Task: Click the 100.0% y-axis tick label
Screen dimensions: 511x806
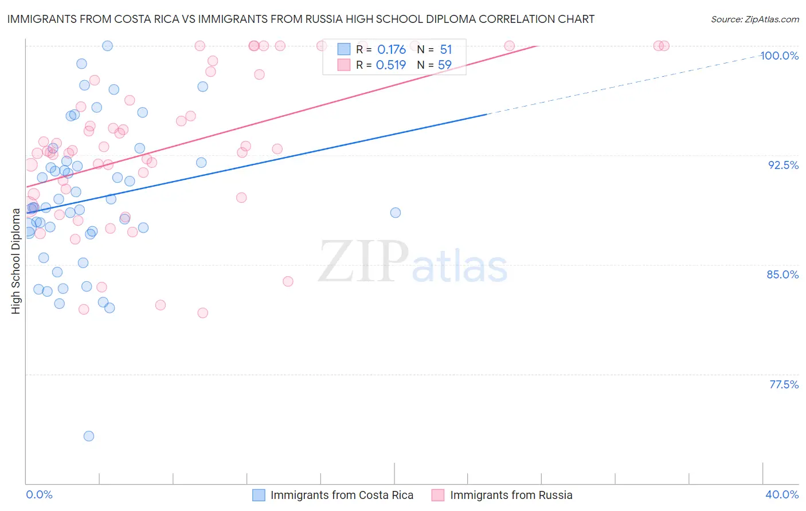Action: tap(779, 56)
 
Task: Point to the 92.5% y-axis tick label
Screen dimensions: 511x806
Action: tap(783, 165)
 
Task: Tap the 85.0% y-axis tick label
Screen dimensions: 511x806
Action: tap(782, 274)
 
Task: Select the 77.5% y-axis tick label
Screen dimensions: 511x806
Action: tap(784, 384)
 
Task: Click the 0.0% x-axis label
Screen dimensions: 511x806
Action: tap(39, 494)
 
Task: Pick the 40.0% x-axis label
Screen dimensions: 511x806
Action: tap(782, 494)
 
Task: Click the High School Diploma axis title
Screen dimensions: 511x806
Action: tap(16, 261)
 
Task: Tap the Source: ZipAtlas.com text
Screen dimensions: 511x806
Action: tap(754, 19)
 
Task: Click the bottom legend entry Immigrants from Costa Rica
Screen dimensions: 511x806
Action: tap(342, 495)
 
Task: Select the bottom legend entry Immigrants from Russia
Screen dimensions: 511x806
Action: tap(511, 495)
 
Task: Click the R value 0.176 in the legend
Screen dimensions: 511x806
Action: tap(392, 50)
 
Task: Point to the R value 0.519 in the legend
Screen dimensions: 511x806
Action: tap(391, 65)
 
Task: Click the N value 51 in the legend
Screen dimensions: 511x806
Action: tap(446, 50)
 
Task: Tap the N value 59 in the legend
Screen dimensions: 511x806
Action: tap(445, 65)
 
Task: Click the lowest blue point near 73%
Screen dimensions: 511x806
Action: tap(89, 436)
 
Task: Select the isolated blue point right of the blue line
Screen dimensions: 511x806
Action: tap(396, 213)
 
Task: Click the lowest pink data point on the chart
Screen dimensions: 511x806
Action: tap(202, 313)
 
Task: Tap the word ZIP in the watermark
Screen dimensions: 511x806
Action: tap(362, 262)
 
